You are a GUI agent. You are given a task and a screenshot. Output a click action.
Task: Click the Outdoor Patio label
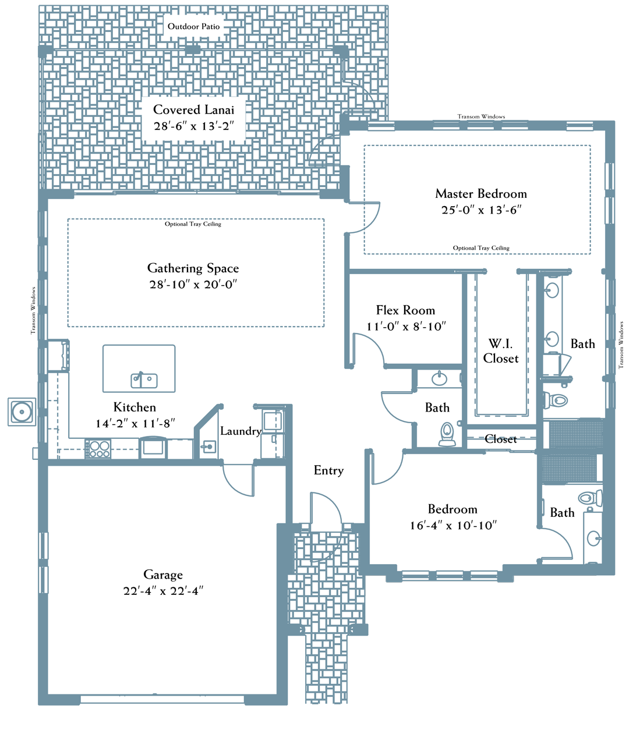pos(193,26)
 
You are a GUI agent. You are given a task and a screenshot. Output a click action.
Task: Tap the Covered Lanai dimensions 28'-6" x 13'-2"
pos(194,126)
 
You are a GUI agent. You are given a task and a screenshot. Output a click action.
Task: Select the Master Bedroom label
pos(480,194)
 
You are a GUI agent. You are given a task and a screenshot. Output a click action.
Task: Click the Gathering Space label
pos(193,268)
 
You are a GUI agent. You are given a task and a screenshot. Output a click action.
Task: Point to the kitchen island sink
pos(144,380)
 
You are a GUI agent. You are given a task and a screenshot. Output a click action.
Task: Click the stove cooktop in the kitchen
pos(98,449)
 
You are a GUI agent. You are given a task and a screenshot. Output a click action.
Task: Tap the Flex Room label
pos(405,310)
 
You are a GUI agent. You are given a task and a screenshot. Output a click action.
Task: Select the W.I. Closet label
pos(501,351)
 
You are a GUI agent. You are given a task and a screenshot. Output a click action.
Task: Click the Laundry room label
pos(241,431)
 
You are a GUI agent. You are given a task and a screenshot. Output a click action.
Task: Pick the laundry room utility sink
pos(208,447)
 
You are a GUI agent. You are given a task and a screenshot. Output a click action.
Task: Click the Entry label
pos(328,470)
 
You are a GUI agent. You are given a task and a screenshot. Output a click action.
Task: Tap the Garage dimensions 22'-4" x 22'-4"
pos(163,591)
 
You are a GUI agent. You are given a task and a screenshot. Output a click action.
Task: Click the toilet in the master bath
pos(556,400)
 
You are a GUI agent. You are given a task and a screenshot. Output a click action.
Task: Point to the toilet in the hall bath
pos(448,434)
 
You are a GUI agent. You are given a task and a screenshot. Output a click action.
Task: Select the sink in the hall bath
pos(440,378)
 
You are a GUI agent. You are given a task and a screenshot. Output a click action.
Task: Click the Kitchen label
pos(135,407)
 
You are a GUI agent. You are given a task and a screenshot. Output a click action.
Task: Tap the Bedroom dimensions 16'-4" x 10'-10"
pos(453,526)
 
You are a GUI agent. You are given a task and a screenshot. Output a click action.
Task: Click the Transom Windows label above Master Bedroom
pos(481,116)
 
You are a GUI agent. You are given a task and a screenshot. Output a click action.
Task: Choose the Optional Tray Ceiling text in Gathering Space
pos(193,224)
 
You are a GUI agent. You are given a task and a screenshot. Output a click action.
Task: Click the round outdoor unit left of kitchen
pos(22,412)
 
